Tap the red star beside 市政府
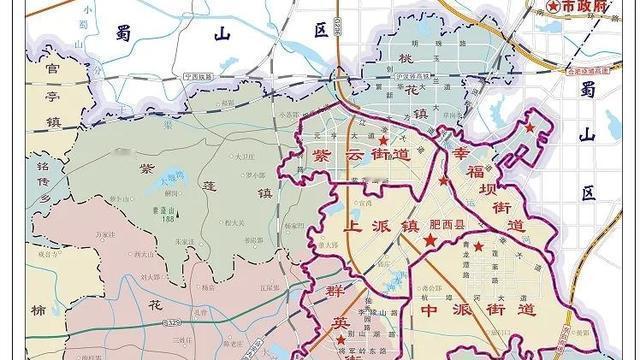pyautogui.click(x=556, y=6)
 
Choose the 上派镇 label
pyautogui.click(x=381, y=227)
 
